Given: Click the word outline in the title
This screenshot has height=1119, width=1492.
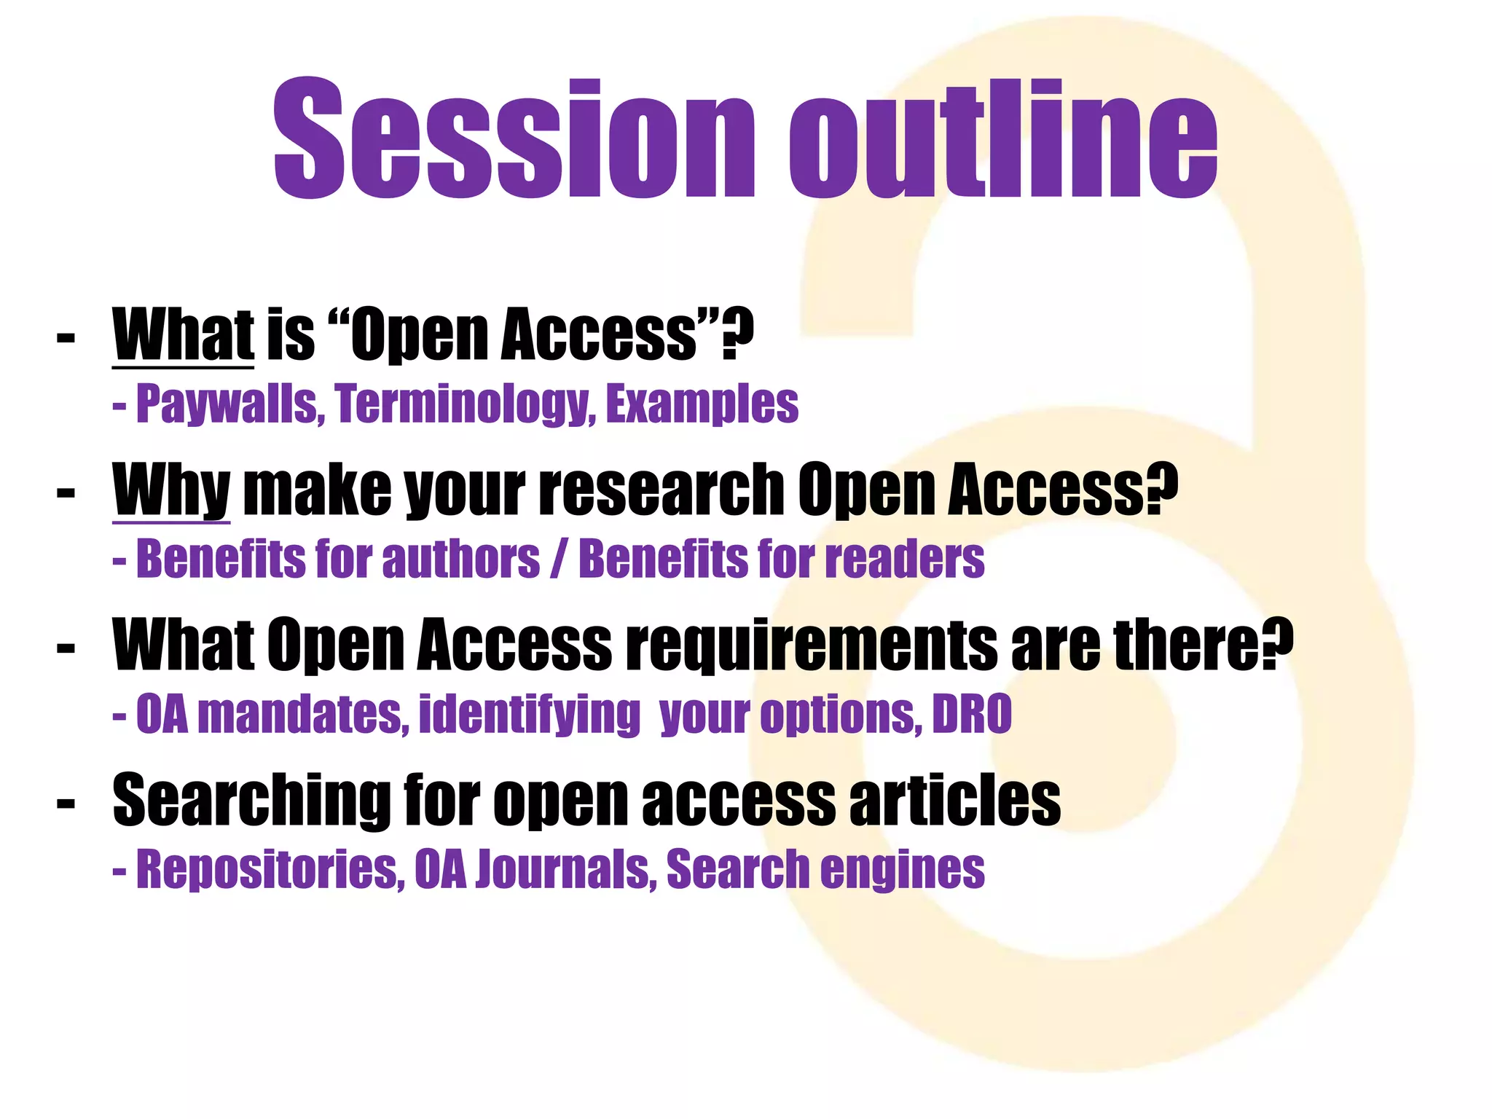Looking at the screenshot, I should (x=1003, y=138).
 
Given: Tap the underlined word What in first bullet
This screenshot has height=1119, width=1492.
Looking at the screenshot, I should (x=183, y=334).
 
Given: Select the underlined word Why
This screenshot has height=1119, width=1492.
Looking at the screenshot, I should (x=171, y=490).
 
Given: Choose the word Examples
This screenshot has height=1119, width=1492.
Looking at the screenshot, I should (x=702, y=404).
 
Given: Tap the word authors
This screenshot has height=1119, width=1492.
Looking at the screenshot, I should (x=460, y=559).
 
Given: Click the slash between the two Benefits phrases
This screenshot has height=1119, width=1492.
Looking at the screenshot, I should (x=559, y=559).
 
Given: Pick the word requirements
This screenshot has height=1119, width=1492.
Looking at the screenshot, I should (x=813, y=644).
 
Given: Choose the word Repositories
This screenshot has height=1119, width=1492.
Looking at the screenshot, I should (x=270, y=869).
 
